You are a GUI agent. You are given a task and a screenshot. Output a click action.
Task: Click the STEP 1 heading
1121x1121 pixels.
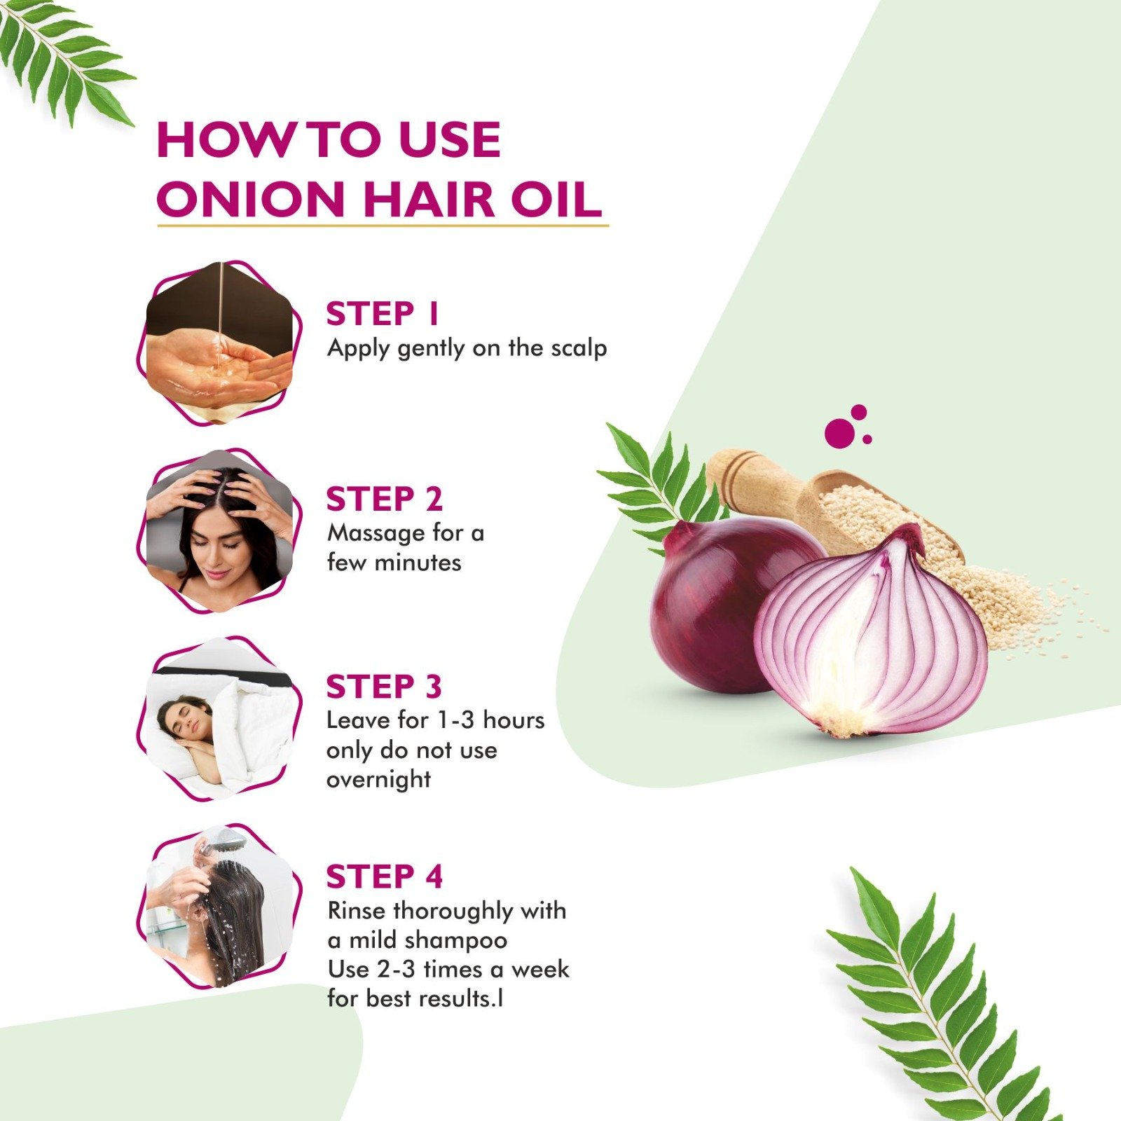(383, 314)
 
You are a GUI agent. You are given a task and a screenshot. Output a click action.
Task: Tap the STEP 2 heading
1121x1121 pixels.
(385, 500)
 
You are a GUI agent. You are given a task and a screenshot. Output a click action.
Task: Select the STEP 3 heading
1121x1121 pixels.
(385, 687)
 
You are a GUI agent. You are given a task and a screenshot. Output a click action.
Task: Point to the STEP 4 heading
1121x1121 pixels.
(385, 876)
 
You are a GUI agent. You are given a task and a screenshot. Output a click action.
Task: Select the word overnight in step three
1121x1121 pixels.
(378, 780)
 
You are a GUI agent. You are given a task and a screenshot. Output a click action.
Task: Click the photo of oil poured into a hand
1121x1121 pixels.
(219, 343)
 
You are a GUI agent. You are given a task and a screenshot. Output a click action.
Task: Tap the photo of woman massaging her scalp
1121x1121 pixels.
(219, 531)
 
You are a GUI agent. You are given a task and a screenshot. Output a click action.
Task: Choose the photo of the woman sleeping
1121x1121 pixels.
(219, 719)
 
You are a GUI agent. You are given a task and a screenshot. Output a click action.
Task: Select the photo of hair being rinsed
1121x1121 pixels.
(219, 907)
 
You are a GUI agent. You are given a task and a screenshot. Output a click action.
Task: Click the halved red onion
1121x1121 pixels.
(872, 638)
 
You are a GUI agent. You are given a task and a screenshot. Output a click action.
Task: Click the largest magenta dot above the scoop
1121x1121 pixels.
(839, 432)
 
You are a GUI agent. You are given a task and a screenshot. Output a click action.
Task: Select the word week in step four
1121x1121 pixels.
(540, 970)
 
